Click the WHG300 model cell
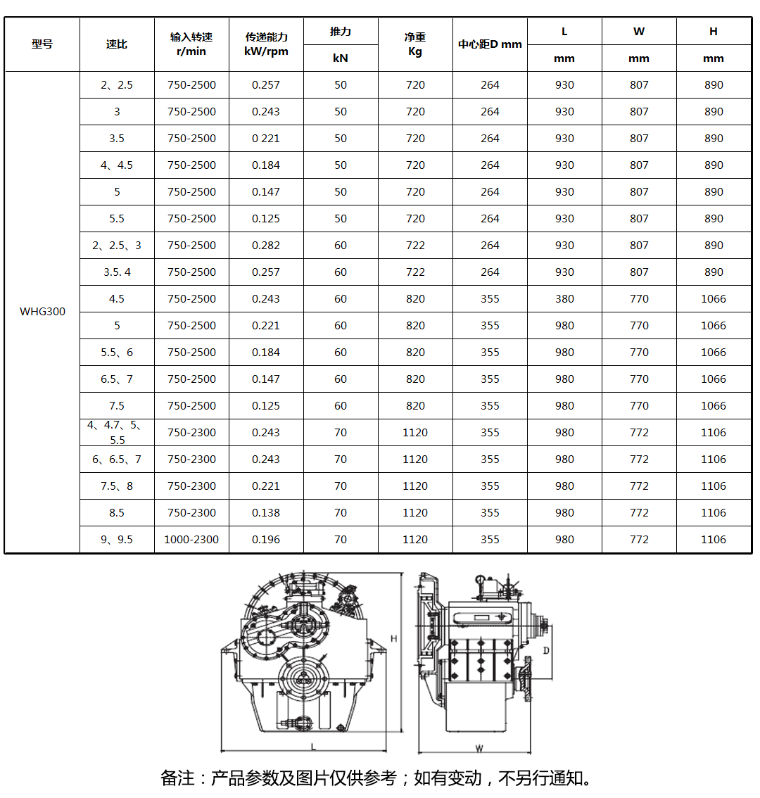[x=42, y=312]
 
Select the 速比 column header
[x=117, y=44]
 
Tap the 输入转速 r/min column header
[x=191, y=44]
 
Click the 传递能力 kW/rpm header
[x=266, y=44]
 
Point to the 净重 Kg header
[x=415, y=44]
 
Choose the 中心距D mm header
[x=490, y=44]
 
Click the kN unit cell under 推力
[x=341, y=58]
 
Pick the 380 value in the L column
[x=564, y=299]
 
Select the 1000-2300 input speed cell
[x=191, y=540]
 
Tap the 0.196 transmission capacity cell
[x=266, y=540]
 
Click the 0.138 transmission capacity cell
[x=266, y=513]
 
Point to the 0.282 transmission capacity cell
[x=266, y=246]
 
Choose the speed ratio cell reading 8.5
[x=117, y=513]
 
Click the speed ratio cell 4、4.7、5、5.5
[x=117, y=433]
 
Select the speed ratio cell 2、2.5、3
[x=117, y=246]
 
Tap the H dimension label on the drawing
[x=394, y=639]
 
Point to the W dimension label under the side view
[x=479, y=748]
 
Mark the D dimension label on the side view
[x=546, y=651]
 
